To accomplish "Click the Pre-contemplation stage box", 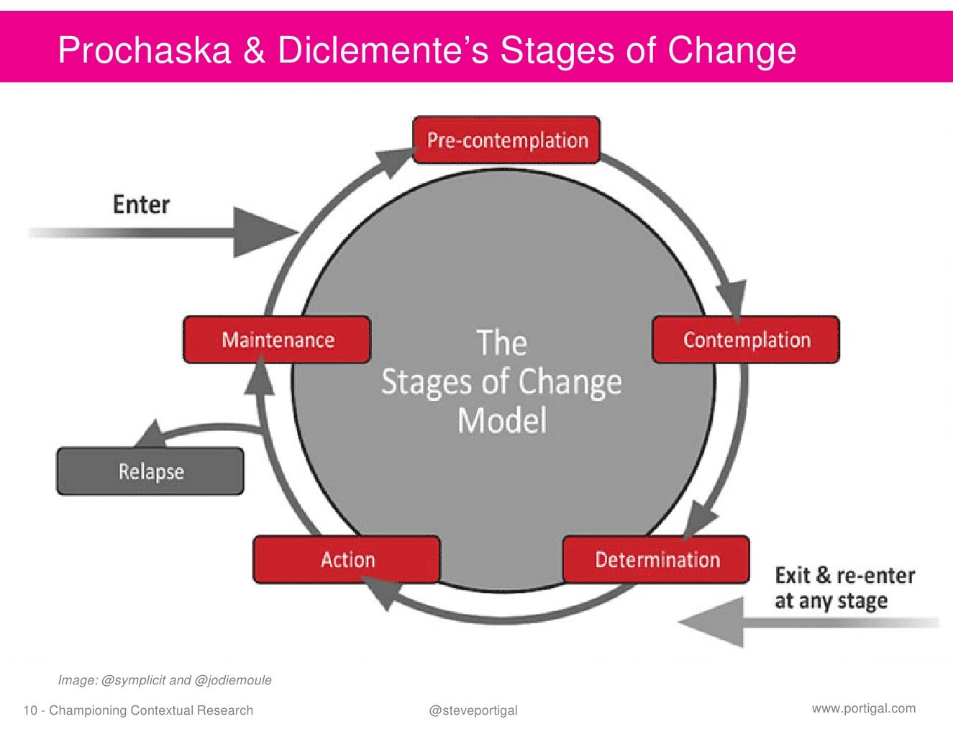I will tap(506, 140).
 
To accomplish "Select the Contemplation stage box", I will tap(746, 340).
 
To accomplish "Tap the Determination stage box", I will tap(656, 559).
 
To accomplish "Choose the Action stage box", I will tap(347, 559).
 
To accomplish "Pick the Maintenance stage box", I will tap(277, 340).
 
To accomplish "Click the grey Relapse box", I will tap(150, 472).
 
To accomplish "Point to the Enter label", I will tap(141, 204).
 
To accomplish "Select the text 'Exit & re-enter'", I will tap(844, 576).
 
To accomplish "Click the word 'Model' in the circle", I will tap(502, 420).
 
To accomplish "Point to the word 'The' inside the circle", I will tap(501, 343).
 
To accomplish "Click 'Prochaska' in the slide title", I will tap(144, 50).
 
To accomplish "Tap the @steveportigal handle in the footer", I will tap(473, 710).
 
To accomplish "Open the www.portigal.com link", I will tap(863, 708).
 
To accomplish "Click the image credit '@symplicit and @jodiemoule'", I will tap(186, 680).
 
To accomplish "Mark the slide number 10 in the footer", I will tap(29, 711).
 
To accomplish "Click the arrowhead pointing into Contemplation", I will tap(732, 297).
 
